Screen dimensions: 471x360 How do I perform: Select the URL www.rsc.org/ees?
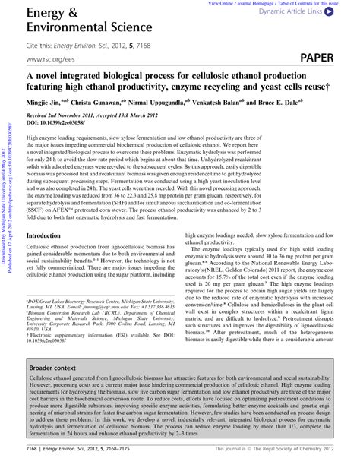point(49,58)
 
